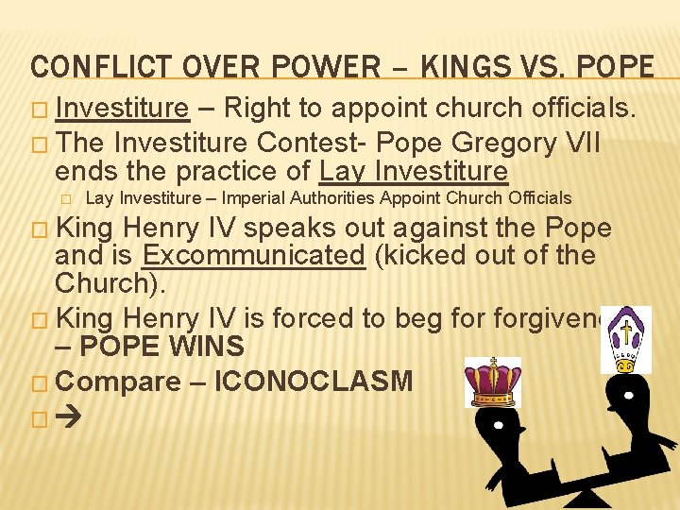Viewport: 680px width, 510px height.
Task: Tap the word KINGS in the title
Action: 464,67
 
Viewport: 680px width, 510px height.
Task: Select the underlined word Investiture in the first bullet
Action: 122,110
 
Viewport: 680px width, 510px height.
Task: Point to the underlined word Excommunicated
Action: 253,256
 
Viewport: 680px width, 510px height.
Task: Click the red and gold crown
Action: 492,382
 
